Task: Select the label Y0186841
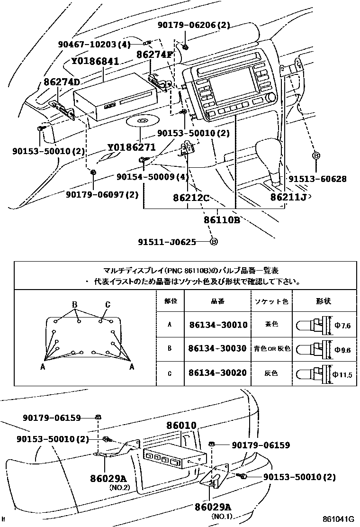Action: click(95, 61)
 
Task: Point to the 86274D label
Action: click(62, 82)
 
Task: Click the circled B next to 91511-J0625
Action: click(214, 242)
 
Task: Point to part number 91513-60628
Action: click(317, 179)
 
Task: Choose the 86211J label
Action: click(288, 197)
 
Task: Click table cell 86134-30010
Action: click(217, 325)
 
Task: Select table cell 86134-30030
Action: click(217, 348)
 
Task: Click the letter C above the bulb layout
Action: click(108, 304)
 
